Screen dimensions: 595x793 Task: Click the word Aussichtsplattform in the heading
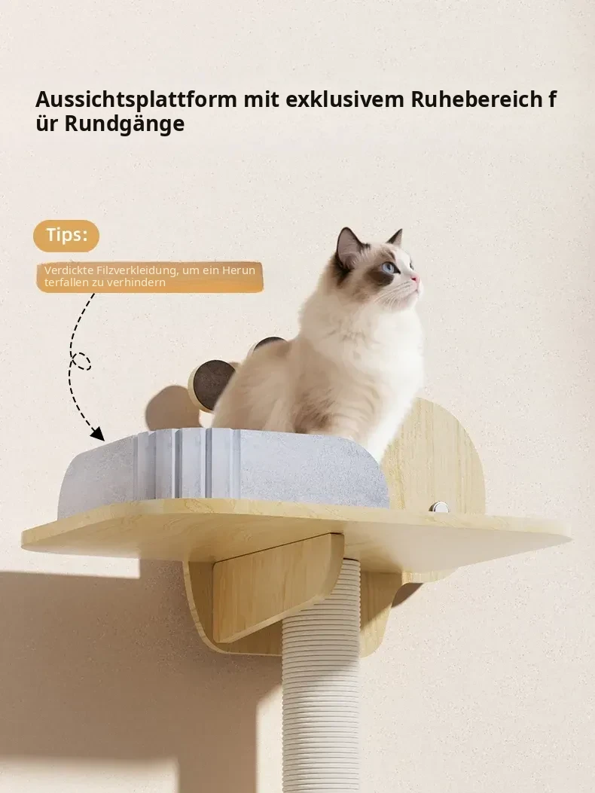coord(136,99)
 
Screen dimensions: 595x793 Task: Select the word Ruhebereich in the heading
coord(477,99)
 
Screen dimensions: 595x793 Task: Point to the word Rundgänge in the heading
coord(124,124)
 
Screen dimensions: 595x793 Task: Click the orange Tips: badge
coord(66,236)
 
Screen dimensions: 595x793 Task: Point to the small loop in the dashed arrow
coord(81,361)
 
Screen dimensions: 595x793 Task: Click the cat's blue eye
coord(389,267)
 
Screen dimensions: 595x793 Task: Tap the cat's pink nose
coord(416,279)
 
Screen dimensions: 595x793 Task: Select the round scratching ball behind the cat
coord(210,385)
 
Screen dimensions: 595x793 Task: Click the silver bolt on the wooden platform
coord(438,507)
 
